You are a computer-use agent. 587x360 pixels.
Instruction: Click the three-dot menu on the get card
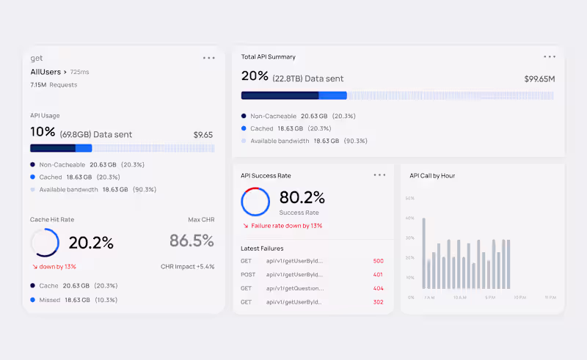[x=209, y=58]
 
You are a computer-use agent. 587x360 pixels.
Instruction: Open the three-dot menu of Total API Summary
[x=550, y=56]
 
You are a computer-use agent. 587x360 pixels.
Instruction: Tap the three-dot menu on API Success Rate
[x=379, y=175]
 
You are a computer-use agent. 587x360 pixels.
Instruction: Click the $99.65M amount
[x=539, y=78]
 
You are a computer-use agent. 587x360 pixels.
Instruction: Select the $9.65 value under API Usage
[x=203, y=135]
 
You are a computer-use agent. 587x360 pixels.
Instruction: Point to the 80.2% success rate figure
[x=302, y=197]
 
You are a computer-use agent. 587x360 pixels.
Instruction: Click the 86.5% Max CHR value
[x=192, y=240]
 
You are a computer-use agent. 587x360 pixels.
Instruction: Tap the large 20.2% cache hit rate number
[x=91, y=243]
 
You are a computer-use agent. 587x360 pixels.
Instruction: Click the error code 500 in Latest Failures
[x=379, y=261]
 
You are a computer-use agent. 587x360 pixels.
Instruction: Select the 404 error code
[x=379, y=288]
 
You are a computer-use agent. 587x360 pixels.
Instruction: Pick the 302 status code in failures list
[x=379, y=302]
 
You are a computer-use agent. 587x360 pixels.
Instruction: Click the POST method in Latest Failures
[x=247, y=275]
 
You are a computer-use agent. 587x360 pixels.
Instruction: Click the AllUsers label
[x=45, y=72]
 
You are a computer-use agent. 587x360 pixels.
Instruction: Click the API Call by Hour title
[x=432, y=176]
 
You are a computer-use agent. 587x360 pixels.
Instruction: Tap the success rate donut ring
[x=255, y=202]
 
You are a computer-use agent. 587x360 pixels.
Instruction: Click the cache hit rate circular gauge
[x=45, y=243]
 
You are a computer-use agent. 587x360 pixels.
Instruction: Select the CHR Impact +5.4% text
[x=188, y=266]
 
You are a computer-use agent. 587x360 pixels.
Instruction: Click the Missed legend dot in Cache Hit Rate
[x=33, y=300]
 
